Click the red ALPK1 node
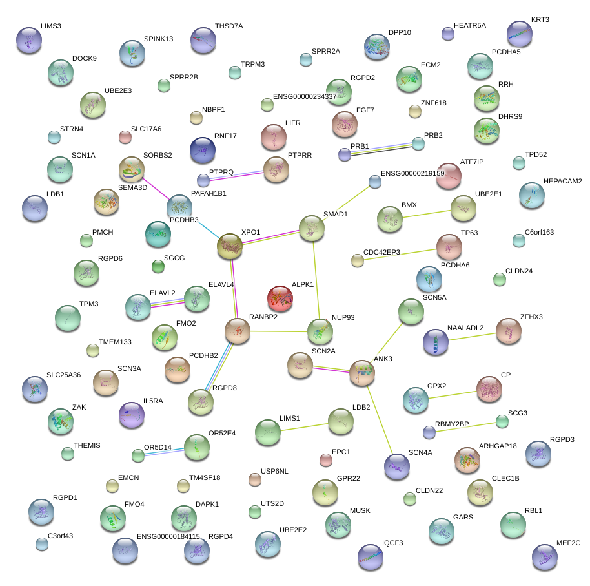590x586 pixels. [280, 298]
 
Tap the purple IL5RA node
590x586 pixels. [132, 415]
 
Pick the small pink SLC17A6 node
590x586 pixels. [125, 137]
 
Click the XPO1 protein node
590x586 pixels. [229, 246]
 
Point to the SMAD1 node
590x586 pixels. [312, 228]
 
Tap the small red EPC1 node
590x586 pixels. [326, 460]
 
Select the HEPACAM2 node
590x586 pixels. [531, 196]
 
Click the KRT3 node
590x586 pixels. [519, 34]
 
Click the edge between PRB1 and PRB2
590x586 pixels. [381, 149]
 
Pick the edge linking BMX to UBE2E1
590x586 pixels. [426, 214]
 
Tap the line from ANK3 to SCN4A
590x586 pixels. [381, 419]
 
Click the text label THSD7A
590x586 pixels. [229, 26]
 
